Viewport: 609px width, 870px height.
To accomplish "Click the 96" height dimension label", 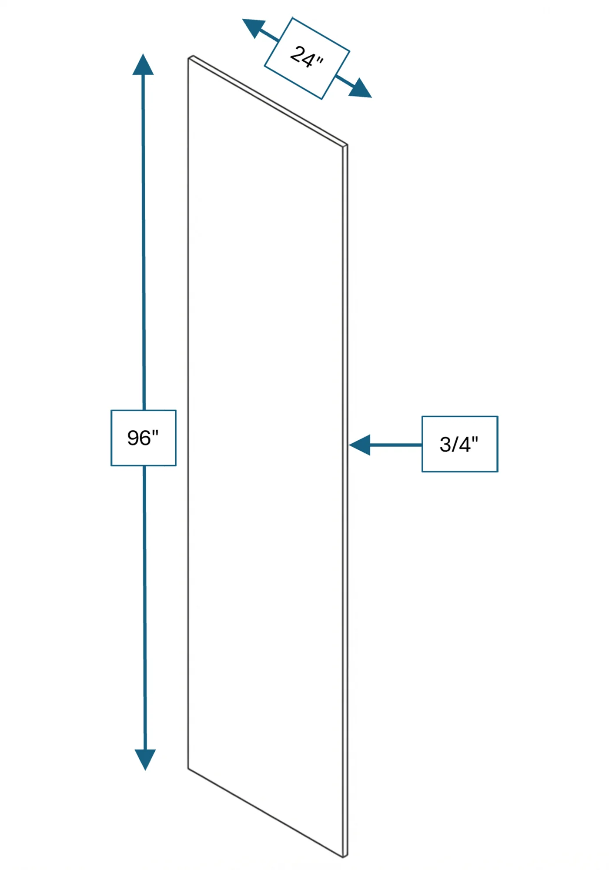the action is pyautogui.click(x=143, y=438).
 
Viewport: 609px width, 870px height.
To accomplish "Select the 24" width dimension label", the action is pyautogui.click(x=307, y=57).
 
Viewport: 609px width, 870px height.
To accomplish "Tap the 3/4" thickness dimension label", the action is pyautogui.click(x=459, y=444).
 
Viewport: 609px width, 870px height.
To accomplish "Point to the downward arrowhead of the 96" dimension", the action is pyautogui.click(x=145, y=760).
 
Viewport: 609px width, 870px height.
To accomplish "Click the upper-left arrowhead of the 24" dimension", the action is pyautogui.click(x=254, y=28).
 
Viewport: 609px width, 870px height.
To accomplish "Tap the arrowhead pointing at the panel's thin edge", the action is pyautogui.click(x=360, y=445).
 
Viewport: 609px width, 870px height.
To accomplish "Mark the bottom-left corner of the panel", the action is pyautogui.click(x=188, y=769).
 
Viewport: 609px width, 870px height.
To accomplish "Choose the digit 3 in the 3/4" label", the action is pyautogui.click(x=445, y=445).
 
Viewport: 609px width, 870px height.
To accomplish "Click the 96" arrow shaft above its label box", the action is pyautogui.click(x=144, y=242).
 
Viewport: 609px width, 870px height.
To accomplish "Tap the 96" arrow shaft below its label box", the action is pyautogui.click(x=144, y=608).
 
